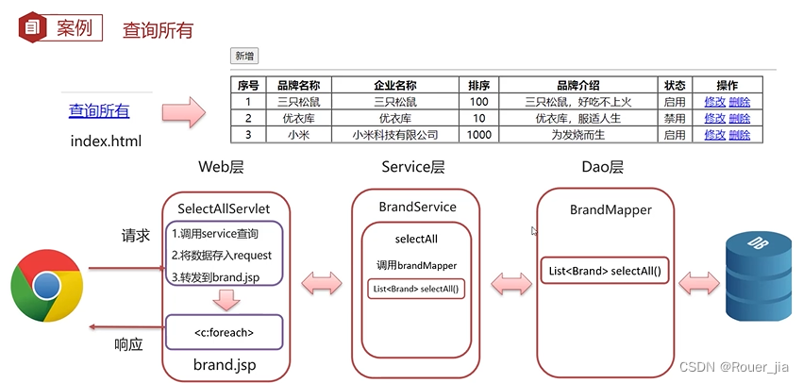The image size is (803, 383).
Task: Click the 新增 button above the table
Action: click(x=244, y=56)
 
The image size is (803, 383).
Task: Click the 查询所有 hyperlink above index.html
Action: click(x=99, y=111)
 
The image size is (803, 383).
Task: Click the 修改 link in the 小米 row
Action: click(x=714, y=135)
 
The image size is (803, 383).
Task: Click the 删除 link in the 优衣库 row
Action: click(x=739, y=118)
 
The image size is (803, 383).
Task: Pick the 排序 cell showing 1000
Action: click(x=478, y=135)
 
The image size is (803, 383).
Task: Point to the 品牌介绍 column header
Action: click(x=578, y=85)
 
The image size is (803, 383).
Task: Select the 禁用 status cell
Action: click(x=674, y=118)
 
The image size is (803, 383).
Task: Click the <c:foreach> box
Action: click(x=224, y=332)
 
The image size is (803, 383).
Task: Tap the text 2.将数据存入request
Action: click(x=221, y=255)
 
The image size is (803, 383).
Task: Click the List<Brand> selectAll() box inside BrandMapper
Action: click(x=604, y=272)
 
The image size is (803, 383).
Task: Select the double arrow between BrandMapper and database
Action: click(x=698, y=280)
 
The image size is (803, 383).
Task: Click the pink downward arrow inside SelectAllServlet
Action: click(x=226, y=299)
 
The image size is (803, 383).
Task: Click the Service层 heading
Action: click(x=412, y=167)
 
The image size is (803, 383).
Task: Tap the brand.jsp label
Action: click(x=224, y=364)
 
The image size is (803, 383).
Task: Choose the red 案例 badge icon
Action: click(x=32, y=27)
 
